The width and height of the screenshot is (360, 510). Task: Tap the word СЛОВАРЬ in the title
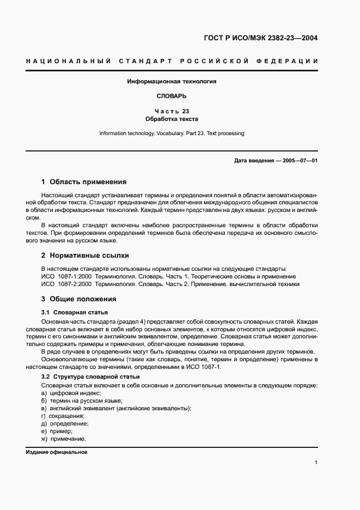point(172,96)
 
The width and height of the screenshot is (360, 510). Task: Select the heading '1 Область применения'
point(84,182)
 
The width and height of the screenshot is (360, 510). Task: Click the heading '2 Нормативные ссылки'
point(85,255)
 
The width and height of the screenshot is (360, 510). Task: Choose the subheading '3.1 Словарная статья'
point(75,312)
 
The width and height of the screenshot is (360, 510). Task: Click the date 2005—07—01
point(298,161)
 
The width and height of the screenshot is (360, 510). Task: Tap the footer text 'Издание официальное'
point(57,452)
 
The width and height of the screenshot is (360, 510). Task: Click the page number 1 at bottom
point(316,463)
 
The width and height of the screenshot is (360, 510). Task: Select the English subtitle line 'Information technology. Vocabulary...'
point(172,133)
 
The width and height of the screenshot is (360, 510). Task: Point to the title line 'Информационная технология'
point(172,81)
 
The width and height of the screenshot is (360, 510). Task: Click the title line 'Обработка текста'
point(172,118)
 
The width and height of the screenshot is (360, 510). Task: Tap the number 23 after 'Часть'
point(186,111)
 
